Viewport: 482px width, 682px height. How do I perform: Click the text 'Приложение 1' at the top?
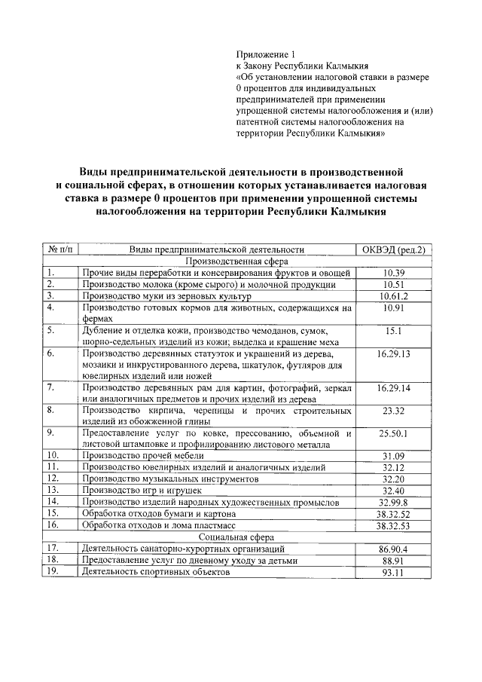coord(262,55)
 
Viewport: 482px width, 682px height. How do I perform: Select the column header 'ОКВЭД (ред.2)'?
coord(394,249)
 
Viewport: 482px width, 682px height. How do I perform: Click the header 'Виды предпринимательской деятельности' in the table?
coord(216,249)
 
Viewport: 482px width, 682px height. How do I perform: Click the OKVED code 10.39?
coord(394,272)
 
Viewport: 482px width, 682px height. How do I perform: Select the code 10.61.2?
coord(394,296)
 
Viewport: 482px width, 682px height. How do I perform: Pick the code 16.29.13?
coord(394,353)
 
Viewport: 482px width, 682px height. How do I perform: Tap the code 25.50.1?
coord(394,434)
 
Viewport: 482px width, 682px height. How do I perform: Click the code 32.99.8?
coord(394,501)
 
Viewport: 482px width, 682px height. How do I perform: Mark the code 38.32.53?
coord(394,524)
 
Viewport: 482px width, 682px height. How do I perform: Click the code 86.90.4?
coord(394,549)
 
